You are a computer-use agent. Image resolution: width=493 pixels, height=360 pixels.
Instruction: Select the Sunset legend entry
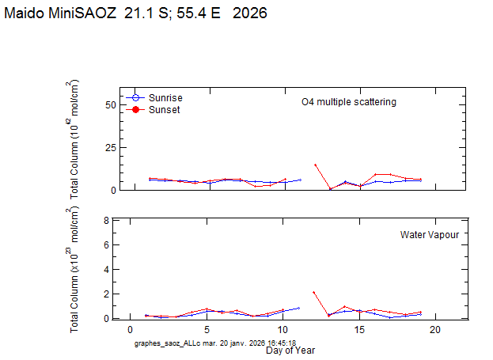pos(164,109)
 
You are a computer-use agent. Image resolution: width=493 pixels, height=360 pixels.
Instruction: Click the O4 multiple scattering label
pos(348,102)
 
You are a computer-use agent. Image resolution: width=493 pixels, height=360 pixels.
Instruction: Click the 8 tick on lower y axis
pos(106,220)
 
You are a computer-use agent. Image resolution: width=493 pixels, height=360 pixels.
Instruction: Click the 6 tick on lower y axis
pos(106,244)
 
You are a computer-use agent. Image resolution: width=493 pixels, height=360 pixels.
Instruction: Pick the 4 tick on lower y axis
pos(106,269)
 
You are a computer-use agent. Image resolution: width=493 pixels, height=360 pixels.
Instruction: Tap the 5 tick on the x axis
pos(207,329)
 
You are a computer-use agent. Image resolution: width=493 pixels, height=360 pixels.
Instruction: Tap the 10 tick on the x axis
pos(283,329)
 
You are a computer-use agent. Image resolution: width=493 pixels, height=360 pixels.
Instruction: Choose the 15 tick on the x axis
pos(358,329)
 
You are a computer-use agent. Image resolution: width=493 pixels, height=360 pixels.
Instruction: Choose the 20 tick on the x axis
pos(434,329)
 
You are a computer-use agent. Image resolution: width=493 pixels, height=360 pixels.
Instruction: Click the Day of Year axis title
pos(289,349)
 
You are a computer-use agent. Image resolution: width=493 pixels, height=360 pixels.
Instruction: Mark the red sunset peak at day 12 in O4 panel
pos(315,165)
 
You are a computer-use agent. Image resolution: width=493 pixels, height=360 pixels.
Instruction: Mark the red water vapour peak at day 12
pos(315,292)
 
